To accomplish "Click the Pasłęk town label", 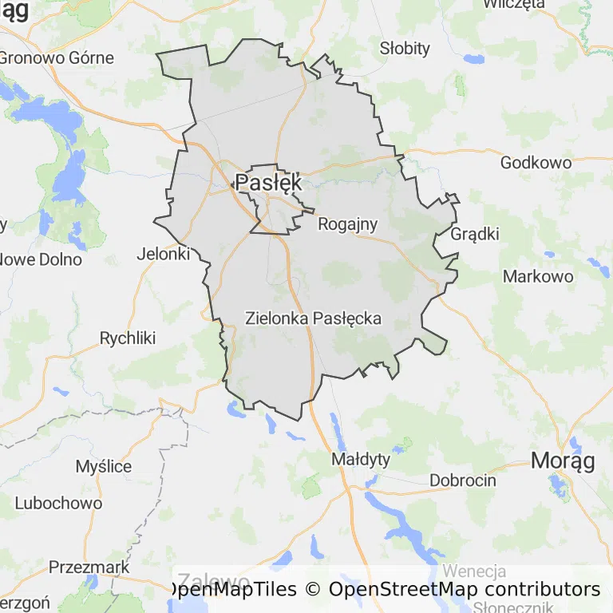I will pos(269,182).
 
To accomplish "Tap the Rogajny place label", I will pos(347,224).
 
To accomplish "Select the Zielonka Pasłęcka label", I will pos(313,318).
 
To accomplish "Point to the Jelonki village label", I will pos(164,254).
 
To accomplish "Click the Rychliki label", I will pos(128,338).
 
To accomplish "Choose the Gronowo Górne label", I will pos(56,57).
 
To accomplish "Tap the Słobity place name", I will pos(405,48).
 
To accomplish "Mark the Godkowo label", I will pos(536,163).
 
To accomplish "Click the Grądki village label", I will pos(475,234).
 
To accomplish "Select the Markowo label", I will pos(538,276).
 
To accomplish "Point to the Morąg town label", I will pos(563,461).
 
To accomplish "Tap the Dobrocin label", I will pos(463,481).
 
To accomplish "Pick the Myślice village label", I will pos(104,466).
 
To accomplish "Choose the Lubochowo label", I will pos(59,503).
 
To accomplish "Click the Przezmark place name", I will pos(89,567).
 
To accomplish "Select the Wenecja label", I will pos(474,571).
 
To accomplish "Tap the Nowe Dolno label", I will pos(40,259).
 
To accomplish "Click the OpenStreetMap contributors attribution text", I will pos(465,589).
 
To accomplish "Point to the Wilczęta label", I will pos(514,4).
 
